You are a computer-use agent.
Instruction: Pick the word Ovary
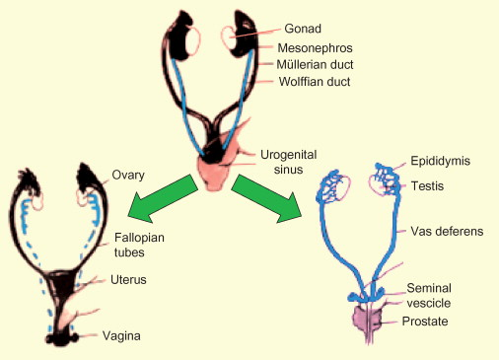tap(128, 175)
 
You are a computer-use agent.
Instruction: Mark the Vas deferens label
tap(447, 231)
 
